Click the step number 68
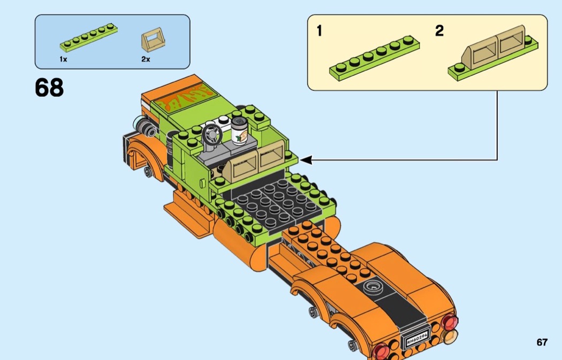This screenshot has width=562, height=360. (x=49, y=88)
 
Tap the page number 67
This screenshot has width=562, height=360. (x=542, y=342)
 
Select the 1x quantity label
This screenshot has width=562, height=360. (x=63, y=59)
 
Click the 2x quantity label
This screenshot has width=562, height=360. (x=146, y=59)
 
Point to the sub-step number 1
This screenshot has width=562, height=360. (x=320, y=31)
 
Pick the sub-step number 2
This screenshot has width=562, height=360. (x=439, y=31)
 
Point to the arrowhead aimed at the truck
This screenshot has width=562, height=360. (x=306, y=159)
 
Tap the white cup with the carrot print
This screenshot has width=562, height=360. (x=239, y=132)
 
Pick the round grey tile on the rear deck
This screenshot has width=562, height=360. (x=372, y=287)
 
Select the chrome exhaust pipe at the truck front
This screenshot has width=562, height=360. (x=145, y=127)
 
